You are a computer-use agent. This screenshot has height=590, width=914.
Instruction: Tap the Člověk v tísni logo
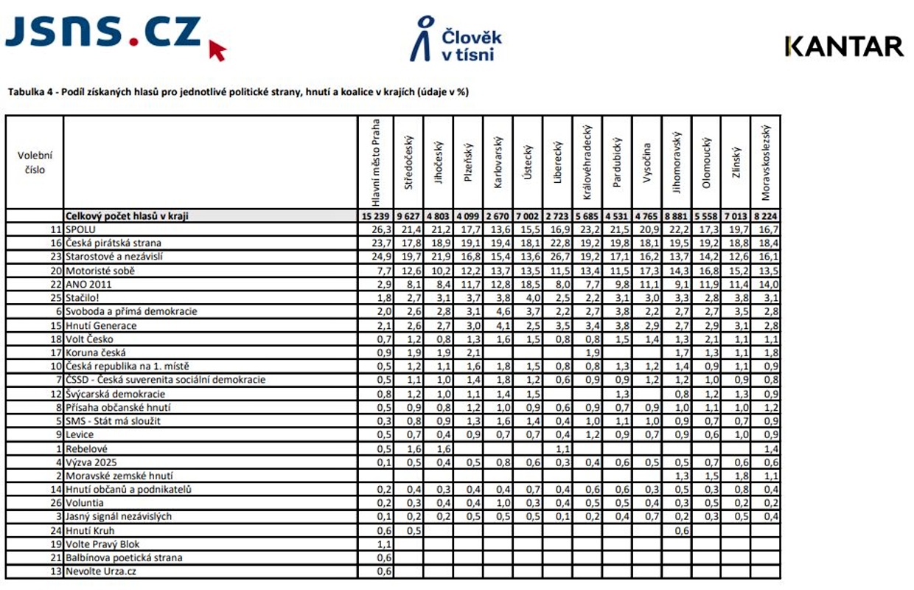pos(456,39)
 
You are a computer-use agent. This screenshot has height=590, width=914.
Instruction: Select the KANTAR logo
pos(845,46)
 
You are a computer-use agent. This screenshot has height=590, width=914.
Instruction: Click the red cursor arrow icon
pos(217,50)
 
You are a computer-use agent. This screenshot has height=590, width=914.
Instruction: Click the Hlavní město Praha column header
pos(376,162)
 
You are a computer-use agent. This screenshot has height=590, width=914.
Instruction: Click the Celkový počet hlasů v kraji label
pos(128,216)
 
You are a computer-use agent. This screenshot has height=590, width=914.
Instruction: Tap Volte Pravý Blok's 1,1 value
pos(383,544)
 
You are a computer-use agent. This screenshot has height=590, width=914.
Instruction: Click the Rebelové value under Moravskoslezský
pos(770,448)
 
